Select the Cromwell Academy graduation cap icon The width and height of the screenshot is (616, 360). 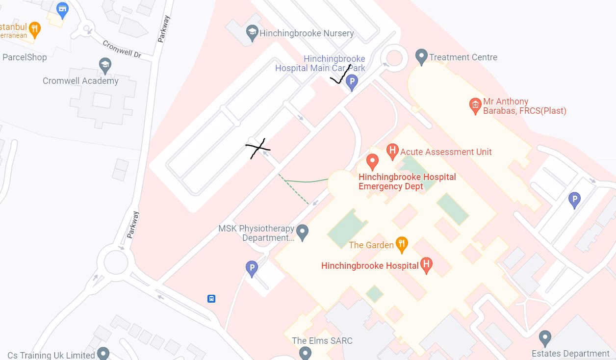point(105,65)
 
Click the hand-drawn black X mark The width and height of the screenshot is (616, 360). point(257,148)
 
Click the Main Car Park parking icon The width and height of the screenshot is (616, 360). point(352,82)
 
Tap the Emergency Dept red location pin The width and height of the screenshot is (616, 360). point(372,161)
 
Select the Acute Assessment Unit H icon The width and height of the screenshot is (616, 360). point(392,151)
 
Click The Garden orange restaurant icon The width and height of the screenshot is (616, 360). point(402,244)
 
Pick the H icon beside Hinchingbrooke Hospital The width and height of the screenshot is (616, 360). point(426,265)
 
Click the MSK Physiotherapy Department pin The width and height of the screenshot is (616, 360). point(303,232)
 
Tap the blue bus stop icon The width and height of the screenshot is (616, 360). point(211,299)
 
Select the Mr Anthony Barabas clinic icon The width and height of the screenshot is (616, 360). point(475,105)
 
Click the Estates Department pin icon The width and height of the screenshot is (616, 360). point(544,338)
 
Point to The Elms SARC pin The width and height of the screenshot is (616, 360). point(305,353)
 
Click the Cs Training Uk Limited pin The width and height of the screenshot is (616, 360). point(103,353)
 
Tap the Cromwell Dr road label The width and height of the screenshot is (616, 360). point(122,50)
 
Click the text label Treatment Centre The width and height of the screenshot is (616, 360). point(463,57)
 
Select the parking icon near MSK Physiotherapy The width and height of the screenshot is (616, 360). point(252,268)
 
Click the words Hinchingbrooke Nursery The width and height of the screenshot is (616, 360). point(307,33)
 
